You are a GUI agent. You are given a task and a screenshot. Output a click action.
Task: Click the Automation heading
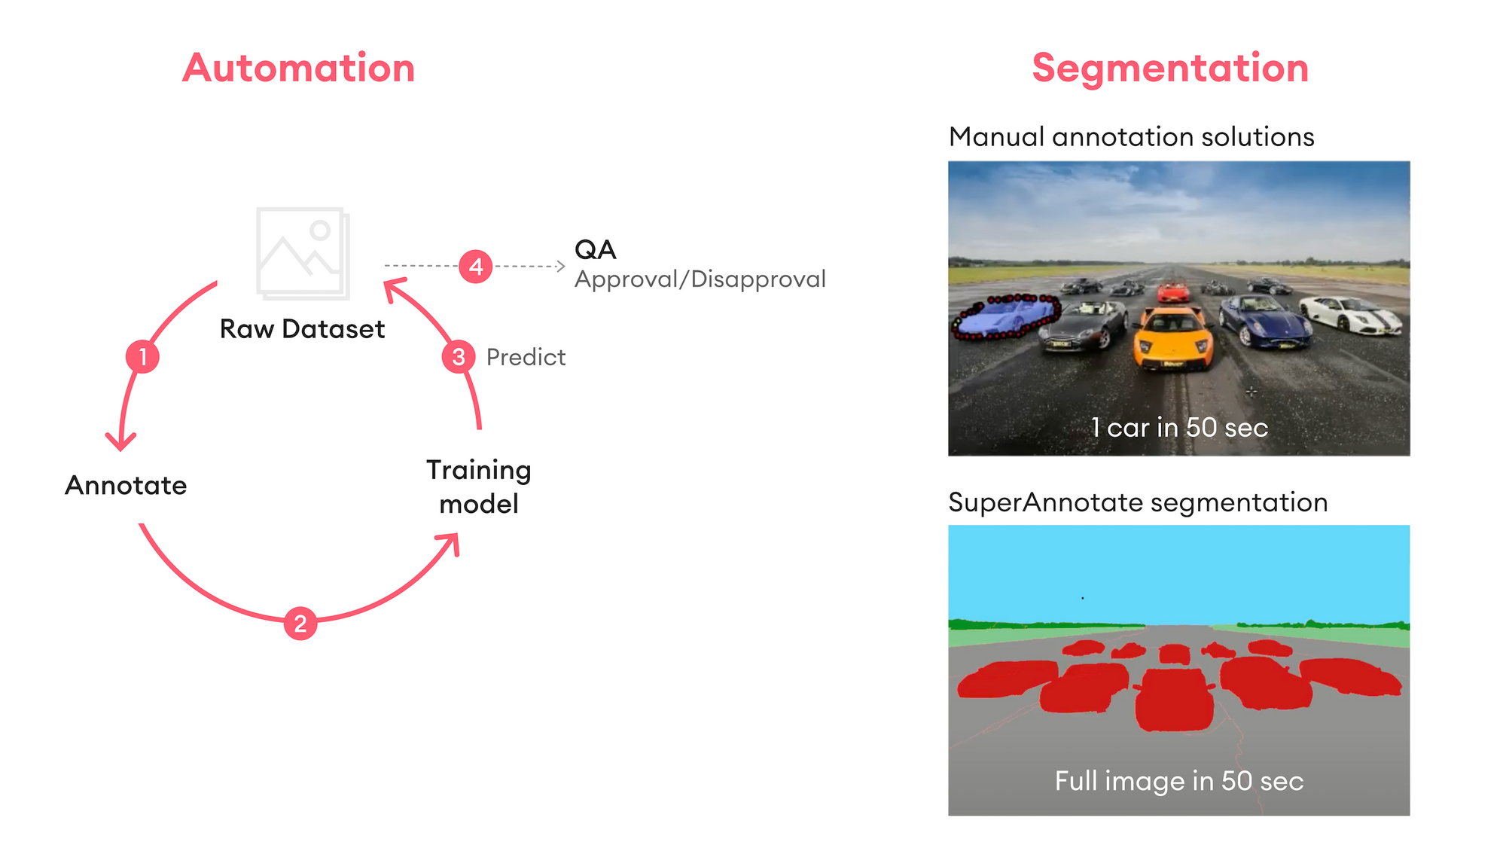298,68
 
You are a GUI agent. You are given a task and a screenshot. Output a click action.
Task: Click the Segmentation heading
1170,68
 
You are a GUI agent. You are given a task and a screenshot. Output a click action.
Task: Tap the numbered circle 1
142,356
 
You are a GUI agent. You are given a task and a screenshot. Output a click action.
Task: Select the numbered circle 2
300,624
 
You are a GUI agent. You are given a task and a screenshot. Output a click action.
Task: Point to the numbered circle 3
459,356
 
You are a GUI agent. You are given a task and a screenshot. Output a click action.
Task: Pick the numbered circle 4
476,267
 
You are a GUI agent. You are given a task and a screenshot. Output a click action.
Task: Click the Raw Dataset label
302,329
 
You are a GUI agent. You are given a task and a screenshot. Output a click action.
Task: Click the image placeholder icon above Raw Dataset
303,252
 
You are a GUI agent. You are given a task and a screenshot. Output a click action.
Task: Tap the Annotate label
126,485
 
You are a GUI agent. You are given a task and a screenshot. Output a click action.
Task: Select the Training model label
479,487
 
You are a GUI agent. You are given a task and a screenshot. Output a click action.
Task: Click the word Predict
526,357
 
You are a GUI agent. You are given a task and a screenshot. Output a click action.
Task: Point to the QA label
595,249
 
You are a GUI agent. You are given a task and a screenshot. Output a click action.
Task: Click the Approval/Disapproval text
700,279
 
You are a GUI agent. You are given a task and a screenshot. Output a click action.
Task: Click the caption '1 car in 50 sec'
1179,427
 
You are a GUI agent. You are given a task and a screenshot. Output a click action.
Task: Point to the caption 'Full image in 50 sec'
1179,781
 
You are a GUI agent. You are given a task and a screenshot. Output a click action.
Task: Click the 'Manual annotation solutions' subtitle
1131,137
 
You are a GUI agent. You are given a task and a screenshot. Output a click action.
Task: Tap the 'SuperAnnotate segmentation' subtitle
1138,502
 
